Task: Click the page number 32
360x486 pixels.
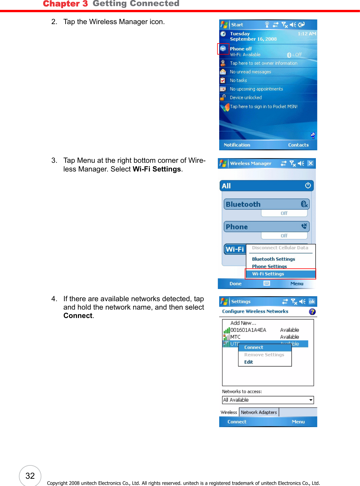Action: pyautogui.click(x=30, y=476)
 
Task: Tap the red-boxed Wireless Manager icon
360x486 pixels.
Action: pyautogui.click(x=223, y=48)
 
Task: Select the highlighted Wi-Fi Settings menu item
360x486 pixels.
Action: pyautogui.click(x=268, y=274)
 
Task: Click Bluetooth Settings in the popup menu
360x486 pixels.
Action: pyautogui.click(x=273, y=259)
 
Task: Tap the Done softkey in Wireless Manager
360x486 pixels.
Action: pyautogui.click(x=235, y=284)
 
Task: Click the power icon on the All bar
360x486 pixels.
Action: pyautogui.click(x=308, y=185)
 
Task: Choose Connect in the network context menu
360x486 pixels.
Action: pyautogui.click(x=253, y=347)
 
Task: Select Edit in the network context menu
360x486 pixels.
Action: pyautogui.click(x=249, y=362)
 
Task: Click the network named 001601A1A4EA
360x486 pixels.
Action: pyautogui.click(x=248, y=330)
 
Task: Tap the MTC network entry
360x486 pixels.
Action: pyautogui.click(x=235, y=337)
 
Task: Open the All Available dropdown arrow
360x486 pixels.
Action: pyautogui.click(x=311, y=400)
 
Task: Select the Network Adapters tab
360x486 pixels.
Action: pyautogui.click(x=259, y=412)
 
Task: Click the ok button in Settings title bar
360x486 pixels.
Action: pyautogui.click(x=312, y=301)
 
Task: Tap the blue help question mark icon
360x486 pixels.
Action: pyautogui.click(x=312, y=312)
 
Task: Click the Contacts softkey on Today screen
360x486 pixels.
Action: pyautogui.click(x=298, y=145)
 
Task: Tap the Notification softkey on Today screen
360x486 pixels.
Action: pyautogui.click(x=237, y=145)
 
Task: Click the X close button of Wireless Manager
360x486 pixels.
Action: pyautogui.click(x=310, y=163)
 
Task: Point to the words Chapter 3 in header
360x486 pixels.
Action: pyautogui.click(x=65, y=4)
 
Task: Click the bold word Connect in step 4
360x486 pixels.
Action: pyautogui.click(x=78, y=316)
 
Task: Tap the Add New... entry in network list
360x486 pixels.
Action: pyautogui.click(x=243, y=323)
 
